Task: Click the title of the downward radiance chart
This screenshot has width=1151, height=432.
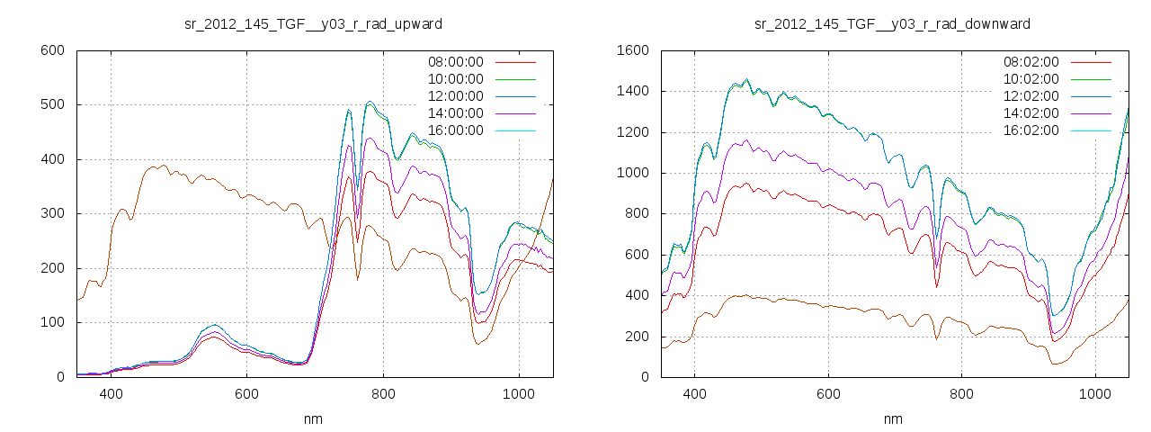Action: [x=892, y=22]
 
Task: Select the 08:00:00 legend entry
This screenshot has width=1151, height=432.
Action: [x=455, y=62]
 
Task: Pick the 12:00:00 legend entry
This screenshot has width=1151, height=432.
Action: [x=455, y=96]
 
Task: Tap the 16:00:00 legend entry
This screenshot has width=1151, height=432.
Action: [x=455, y=130]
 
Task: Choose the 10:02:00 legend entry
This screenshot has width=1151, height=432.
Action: [x=1031, y=79]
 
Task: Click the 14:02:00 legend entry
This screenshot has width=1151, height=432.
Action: [x=1031, y=113]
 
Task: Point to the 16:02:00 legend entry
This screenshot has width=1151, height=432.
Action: [x=1031, y=130]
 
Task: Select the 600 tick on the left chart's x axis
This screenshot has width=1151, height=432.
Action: [x=247, y=393]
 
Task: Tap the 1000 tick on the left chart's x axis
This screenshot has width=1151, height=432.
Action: [x=518, y=393]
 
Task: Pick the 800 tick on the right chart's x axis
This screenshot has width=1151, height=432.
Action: [x=961, y=393]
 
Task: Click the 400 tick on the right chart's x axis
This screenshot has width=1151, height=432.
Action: [x=694, y=393]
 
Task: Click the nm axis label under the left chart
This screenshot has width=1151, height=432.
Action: [x=314, y=418]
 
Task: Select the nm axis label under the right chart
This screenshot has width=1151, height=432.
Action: [x=893, y=418]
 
